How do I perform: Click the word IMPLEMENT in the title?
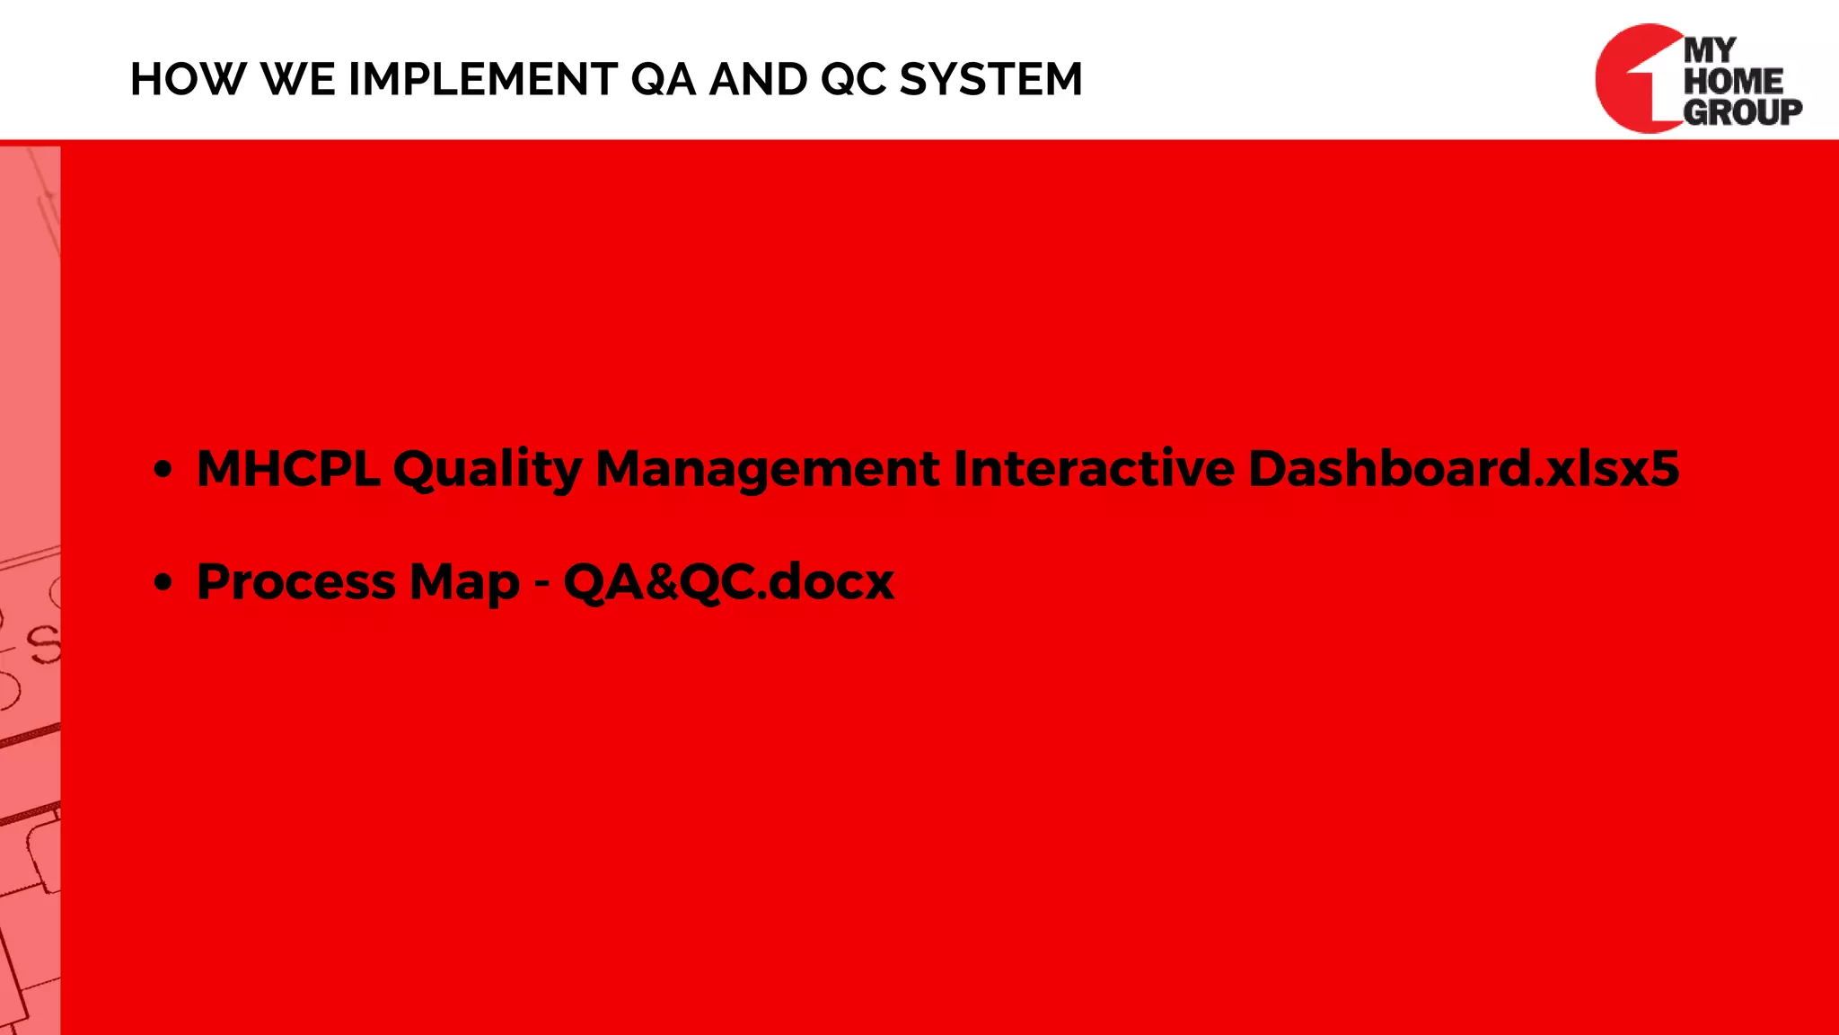pyautogui.click(x=482, y=79)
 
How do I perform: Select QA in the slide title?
pyautogui.click(x=663, y=79)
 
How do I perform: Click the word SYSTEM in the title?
pyautogui.click(x=990, y=79)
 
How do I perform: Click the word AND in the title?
pyautogui.click(x=758, y=79)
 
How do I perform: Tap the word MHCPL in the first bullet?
pyautogui.click(x=287, y=469)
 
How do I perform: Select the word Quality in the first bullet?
pyautogui.click(x=488, y=469)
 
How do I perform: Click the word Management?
pyautogui.click(x=767, y=469)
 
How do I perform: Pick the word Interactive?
pyautogui.click(x=1093, y=469)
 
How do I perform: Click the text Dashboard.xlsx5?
pyautogui.click(x=1463, y=469)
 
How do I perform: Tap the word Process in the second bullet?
pyautogui.click(x=295, y=582)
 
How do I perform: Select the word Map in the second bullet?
pyautogui.click(x=463, y=582)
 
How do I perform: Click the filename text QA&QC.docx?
pyautogui.click(x=728, y=582)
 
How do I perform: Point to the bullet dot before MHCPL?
pyautogui.click(x=163, y=470)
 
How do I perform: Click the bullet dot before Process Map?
pyautogui.click(x=163, y=583)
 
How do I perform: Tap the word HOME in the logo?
pyautogui.click(x=1732, y=81)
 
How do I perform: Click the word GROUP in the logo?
pyautogui.click(x=1741, y=112)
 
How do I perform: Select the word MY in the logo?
pyautogui.click(x=1710, y=50)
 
